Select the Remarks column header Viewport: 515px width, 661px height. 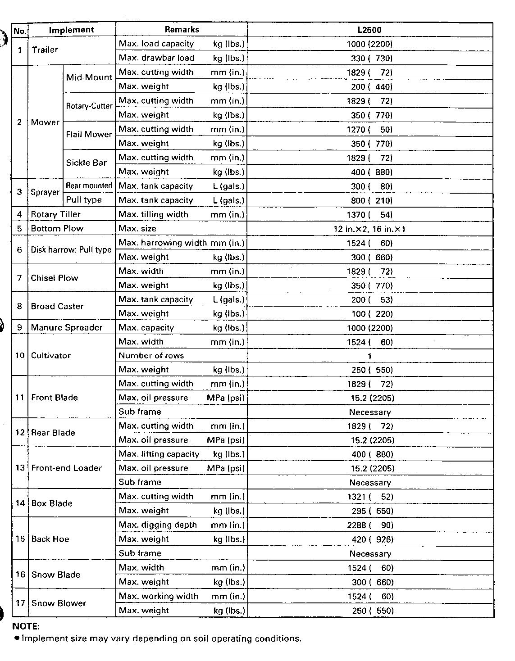tap(182, 30)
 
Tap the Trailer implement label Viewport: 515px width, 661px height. tap(45, 50)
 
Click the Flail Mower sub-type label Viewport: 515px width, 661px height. tap(89, 134)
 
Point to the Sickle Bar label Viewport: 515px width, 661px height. tap(86, 163)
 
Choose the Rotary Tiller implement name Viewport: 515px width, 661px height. tap(55, 214)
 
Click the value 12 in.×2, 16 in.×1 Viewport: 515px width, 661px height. tap(369, 229)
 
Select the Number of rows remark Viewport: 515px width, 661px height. tap(151, 356)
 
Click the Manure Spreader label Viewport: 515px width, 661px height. tap(66, 327)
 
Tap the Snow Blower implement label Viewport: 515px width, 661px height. tap(59, 603)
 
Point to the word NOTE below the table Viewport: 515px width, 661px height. tap(26, 626)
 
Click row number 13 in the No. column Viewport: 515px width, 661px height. tap(20, 468)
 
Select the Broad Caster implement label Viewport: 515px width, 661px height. tap(57, 306)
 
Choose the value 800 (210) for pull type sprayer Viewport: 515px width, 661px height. tap(372, 200)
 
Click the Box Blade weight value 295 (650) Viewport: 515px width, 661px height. tap(372, 511)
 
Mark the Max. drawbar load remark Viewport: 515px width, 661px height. tap(156, 58)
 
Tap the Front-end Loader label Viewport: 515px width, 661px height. tap(66, 468)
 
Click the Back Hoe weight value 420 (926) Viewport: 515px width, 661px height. tap(372, 539)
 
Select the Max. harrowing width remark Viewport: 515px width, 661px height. tap(162, 243)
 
